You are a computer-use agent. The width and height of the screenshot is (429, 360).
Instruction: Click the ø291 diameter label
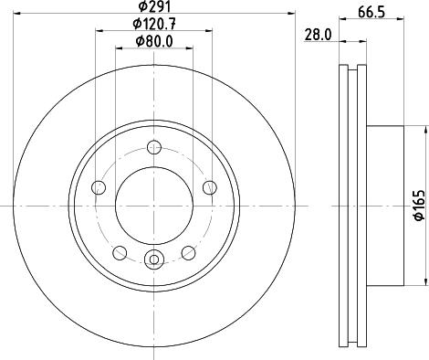click(154, 6)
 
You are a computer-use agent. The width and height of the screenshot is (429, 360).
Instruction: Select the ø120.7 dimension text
click(154, 24)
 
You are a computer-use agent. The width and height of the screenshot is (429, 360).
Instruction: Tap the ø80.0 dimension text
click(154, 42)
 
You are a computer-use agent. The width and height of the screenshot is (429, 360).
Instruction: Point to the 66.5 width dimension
click(371, 12)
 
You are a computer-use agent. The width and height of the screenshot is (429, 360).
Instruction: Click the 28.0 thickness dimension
click(318, 35)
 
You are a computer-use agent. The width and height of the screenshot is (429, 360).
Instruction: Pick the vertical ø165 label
click(419, 205)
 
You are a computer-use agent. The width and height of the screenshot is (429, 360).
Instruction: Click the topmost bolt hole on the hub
click(154, 147)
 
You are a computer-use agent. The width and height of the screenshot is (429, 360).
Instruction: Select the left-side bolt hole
click(99, 187)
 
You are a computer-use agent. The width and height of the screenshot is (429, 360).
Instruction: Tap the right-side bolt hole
click(210, 187)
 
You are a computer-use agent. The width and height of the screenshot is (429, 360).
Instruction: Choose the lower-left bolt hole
click(120, 253)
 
